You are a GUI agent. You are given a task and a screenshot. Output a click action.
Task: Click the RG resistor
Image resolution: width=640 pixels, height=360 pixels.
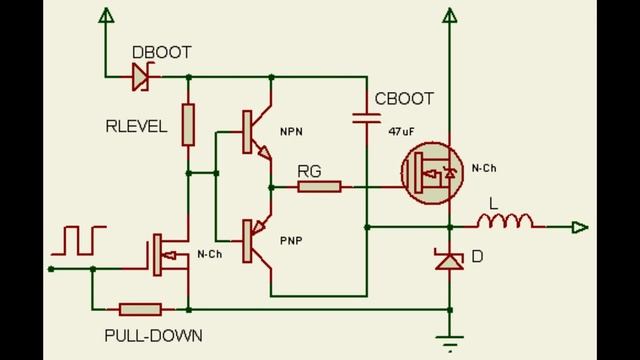pyautogui.click(x=320, y=186)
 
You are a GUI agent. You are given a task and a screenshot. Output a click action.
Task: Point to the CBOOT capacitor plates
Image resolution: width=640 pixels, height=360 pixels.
pyautogui.click(x=366, y=118)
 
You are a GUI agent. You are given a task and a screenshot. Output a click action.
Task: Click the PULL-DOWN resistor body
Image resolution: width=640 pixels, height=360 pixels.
pyautogui.click(x=140, y=309)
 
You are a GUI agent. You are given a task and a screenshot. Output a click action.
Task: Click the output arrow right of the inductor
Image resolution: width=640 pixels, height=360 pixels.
pyautogui.click(x=579, y=228)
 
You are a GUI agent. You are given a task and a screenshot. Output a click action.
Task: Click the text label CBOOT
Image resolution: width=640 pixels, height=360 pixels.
pyautogui.click(x=403, y=99)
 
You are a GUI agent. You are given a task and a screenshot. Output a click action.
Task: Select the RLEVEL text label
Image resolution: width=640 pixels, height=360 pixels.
pyautogui.click(x=136, y=126)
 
